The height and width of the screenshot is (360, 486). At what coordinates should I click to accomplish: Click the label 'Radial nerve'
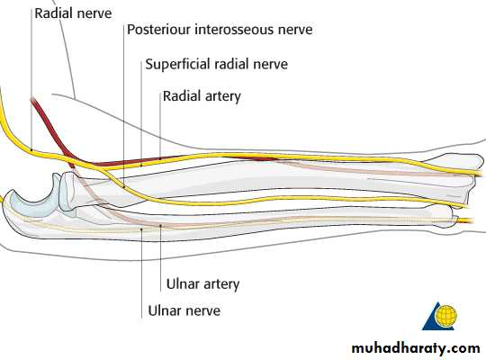pos(73,13)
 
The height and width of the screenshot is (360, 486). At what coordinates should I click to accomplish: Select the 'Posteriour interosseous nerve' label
pos(220,30)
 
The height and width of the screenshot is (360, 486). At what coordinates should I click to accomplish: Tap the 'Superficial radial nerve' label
pos(216,64)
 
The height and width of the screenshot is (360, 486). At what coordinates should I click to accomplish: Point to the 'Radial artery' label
pos(202,96)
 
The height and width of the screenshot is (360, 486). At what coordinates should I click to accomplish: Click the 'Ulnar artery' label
pos(203,284)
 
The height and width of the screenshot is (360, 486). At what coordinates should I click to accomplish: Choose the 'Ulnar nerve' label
pos(184,310)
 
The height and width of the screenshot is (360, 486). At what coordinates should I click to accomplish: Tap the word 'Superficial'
pos(178,64)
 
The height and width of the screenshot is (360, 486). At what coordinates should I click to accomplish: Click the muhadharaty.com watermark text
pos(416,348)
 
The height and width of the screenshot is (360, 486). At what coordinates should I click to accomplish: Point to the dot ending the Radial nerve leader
pos(31,150)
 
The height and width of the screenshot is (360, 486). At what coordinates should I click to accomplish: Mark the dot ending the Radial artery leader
pos(160,158)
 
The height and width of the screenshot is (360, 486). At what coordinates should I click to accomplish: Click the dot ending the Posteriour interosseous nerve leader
pos(124,187)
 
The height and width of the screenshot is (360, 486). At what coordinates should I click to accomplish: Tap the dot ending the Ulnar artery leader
pos(160,225)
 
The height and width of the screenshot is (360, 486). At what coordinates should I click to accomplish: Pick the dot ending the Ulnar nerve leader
pos(141,229)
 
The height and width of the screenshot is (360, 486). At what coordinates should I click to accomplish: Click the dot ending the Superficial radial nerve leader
pos(141,165)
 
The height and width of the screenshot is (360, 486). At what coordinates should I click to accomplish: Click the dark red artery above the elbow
pos(53,130)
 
